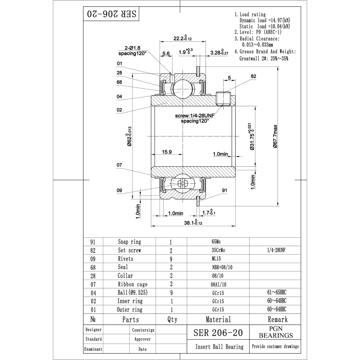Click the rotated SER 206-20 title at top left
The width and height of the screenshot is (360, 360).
[x=111, y=14]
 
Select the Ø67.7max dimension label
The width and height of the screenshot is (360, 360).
[x=275, y=136]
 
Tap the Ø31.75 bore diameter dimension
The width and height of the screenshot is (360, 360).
[x=252, y=136]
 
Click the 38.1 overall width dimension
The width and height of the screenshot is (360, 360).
[x=193, y=222]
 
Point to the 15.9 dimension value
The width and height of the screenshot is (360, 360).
[x=167, y=152]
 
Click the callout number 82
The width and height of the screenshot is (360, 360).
[x=253, y=76]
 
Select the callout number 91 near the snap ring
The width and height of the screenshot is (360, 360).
[x=224, y=190]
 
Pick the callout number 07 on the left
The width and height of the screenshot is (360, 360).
[x=119, y=165]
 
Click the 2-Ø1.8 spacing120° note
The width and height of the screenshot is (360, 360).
[x=133, y=50]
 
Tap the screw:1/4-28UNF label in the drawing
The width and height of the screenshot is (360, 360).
[x=194, y=116]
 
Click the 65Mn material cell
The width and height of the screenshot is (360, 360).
[x=218, y=242]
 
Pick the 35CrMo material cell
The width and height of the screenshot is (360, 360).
[x=218, y=250]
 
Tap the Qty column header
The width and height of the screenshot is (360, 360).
[x=172, y=319]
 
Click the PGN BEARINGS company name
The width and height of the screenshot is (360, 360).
[x=276, y=332]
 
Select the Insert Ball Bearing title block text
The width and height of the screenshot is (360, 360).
[x=219, y=347]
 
